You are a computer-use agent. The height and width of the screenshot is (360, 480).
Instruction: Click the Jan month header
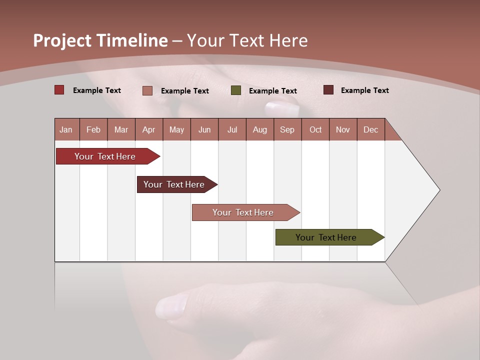point(66,129)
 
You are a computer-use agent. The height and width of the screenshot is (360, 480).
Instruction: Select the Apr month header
point(148,129)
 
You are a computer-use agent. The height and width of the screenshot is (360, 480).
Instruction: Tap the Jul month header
point(232,129)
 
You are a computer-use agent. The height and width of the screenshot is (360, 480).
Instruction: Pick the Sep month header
point(287,129)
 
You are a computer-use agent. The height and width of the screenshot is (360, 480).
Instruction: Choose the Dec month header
point(370,129)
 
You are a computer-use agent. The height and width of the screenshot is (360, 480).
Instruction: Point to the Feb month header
point(93,129)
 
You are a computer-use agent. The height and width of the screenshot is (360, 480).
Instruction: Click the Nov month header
point(342,129)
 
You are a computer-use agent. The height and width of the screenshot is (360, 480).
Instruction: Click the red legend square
point(59,90)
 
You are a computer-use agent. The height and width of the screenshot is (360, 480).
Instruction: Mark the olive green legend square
point(236,90)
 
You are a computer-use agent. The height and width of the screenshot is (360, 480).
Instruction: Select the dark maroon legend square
point(328,90)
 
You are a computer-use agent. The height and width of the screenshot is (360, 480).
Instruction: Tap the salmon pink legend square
point(147,90)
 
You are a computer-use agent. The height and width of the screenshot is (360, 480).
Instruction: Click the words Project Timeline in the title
point(100,40)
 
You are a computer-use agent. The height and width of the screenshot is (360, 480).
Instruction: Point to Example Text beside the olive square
point(272,91)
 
